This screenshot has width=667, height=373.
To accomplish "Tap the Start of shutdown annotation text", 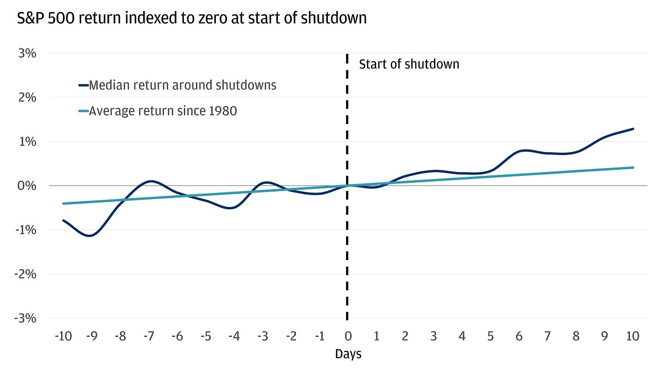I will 409,64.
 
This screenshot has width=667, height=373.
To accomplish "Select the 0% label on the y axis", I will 27,186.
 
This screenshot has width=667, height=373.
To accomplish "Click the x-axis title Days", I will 348,354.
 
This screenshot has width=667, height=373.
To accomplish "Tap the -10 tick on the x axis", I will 63,336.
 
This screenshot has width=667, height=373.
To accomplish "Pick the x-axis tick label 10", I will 632,336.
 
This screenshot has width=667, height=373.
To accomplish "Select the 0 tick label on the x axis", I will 348,336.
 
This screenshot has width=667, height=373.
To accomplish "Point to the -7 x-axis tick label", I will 149,336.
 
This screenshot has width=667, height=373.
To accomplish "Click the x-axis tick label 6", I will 519,336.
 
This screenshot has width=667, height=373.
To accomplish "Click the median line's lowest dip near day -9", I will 91,236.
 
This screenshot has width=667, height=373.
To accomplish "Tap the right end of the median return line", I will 633,129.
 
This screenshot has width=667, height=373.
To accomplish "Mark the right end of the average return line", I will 633,168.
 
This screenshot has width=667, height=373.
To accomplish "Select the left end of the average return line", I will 63,204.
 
